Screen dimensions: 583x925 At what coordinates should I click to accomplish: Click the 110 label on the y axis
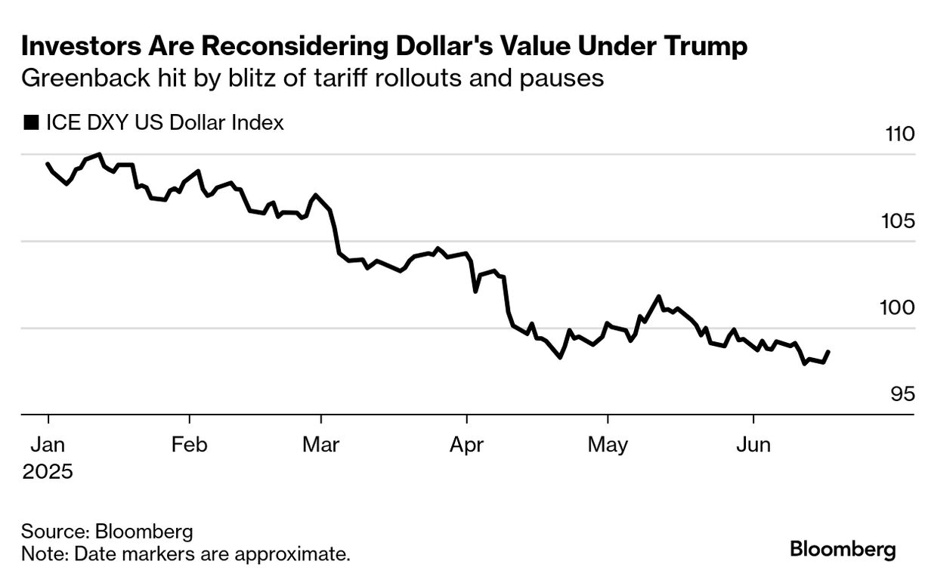click(899, 135)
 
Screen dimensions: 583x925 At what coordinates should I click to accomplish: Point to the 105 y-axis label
click(899, 222)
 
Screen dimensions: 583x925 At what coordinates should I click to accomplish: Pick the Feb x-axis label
click(189, 445)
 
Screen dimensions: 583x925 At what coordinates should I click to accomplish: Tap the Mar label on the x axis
click(320, 445)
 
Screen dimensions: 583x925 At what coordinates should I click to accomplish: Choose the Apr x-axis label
click(466, 445)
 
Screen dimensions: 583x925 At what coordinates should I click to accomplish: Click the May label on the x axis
click(608, 445)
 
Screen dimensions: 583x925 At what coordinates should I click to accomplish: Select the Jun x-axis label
click(753, 445)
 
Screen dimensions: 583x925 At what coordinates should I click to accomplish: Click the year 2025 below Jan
click(48, 473)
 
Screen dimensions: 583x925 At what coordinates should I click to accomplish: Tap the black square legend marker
click(31, 123)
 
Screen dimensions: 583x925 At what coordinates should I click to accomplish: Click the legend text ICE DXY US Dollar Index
click(164, 123)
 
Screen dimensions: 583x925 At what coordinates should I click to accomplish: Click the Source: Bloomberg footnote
click(107, 531)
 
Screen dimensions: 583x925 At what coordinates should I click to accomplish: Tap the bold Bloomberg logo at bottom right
click(843, 549)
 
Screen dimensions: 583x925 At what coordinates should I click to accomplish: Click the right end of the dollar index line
click(829, 352)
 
